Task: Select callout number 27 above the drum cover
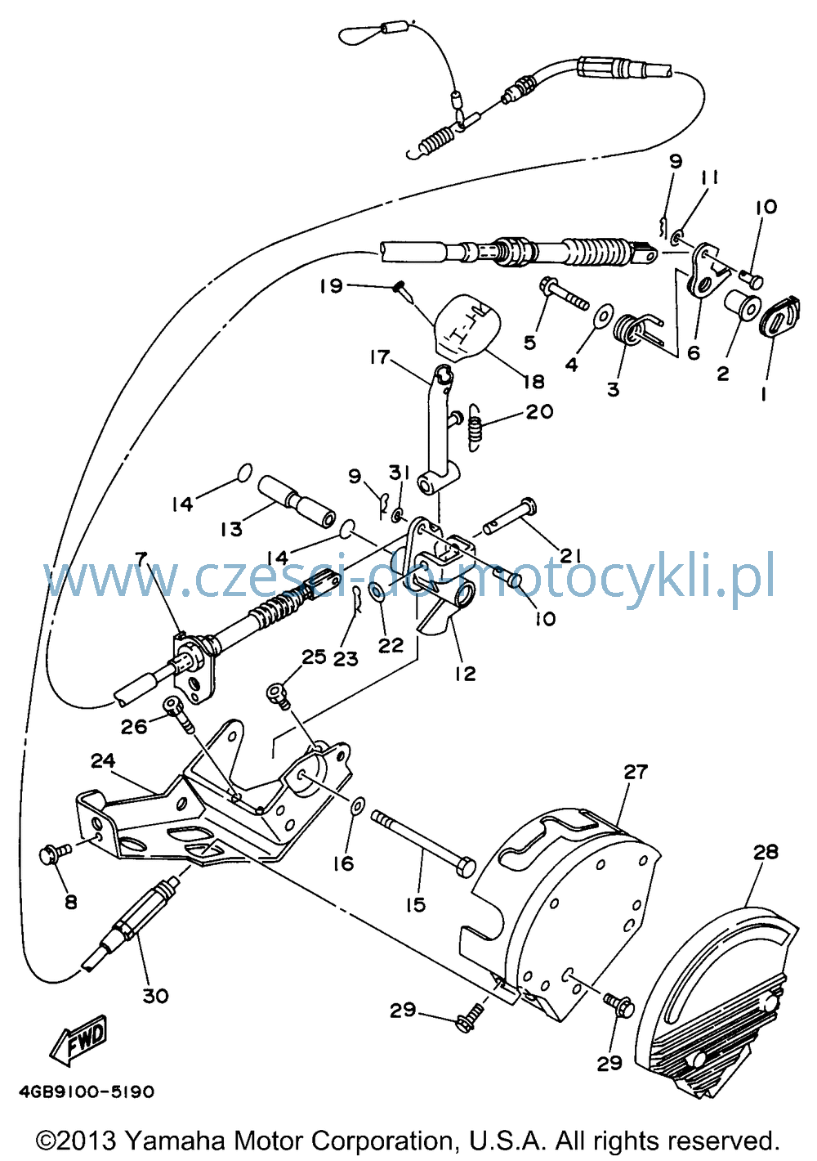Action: tap(636, 773)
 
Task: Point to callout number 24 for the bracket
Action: tap(103, 761)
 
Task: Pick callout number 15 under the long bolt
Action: tap(416, 905)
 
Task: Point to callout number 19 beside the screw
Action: tap(331, 285)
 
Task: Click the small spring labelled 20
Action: tap(475, 428)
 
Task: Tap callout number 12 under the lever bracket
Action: tap(465, 674)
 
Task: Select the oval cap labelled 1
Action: tap(781, 316)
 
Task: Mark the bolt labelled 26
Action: tap(179, 715)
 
